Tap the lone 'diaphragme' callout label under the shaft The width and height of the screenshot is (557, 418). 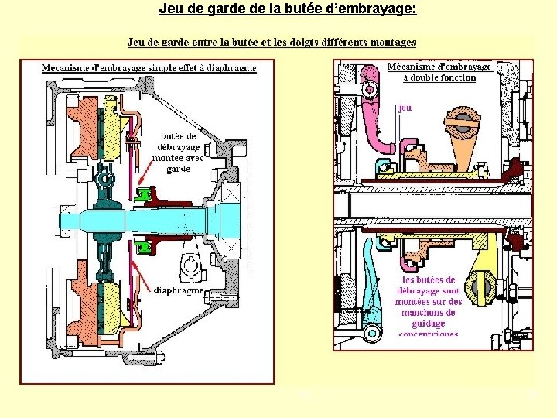coord(179,290)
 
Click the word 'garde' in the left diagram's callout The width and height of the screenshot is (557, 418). coord(177,168)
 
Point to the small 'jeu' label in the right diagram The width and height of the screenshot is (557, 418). coord(405,108)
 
